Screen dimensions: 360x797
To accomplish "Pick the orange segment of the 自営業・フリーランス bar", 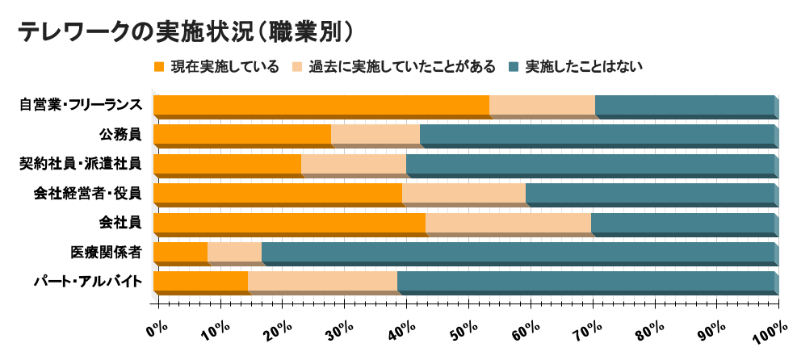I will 321,105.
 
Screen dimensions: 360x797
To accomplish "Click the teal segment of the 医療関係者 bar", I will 517,253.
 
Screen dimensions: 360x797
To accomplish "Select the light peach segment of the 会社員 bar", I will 508,223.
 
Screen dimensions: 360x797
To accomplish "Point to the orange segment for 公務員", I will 241,134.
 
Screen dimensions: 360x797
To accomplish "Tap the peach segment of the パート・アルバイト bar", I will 322,282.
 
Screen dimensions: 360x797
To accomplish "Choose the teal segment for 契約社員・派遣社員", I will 589,164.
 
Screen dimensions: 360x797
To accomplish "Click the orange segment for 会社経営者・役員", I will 277,194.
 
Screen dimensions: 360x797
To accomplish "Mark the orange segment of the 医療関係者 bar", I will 180,253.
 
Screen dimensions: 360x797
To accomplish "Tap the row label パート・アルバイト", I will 88,282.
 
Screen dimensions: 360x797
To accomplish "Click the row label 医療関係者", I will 107,252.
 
